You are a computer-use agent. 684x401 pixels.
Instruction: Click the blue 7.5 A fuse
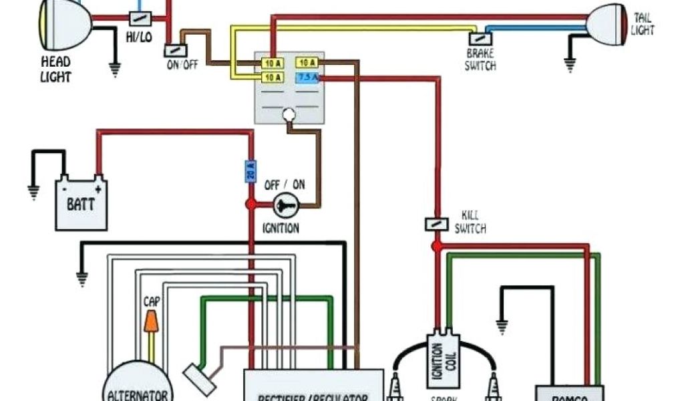308,78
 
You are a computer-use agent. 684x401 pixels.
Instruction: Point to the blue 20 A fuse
251,171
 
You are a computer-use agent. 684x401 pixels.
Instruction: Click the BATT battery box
81,202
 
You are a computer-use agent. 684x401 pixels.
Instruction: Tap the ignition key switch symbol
286,205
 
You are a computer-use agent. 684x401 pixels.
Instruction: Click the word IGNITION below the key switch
281,229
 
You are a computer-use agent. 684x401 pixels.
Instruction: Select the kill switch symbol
436,225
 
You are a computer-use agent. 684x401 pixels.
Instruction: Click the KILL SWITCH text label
470,223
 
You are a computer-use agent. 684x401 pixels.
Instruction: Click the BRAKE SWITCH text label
481,59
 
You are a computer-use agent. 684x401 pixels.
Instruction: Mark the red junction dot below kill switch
436,247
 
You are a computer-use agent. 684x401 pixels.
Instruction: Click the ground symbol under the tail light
570,65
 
